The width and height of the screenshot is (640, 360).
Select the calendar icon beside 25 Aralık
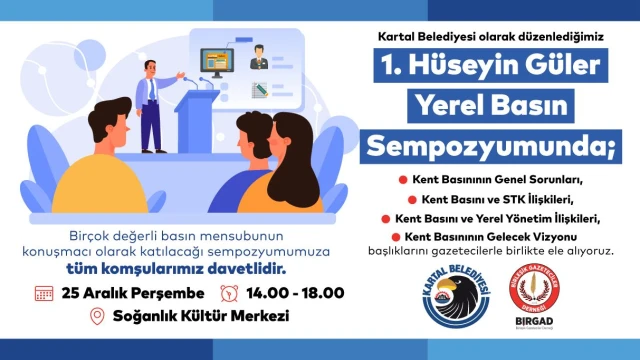click(43, 293)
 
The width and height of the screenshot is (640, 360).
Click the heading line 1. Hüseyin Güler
click(495, 67)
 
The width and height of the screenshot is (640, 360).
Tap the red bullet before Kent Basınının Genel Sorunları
click(402, 179)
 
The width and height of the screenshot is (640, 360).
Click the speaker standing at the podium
click(153, 100)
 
